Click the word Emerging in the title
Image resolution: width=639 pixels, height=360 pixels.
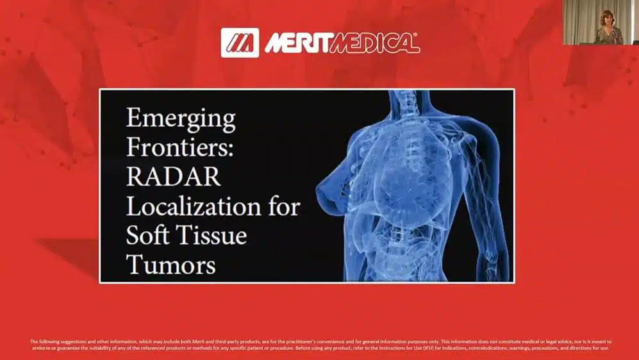[x=181, y=120]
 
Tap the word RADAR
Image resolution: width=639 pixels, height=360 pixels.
[x=174, y=176]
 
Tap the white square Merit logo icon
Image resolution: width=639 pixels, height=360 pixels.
[x=240, y=43]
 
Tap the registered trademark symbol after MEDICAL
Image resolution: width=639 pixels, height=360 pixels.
[x=417, y=36]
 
